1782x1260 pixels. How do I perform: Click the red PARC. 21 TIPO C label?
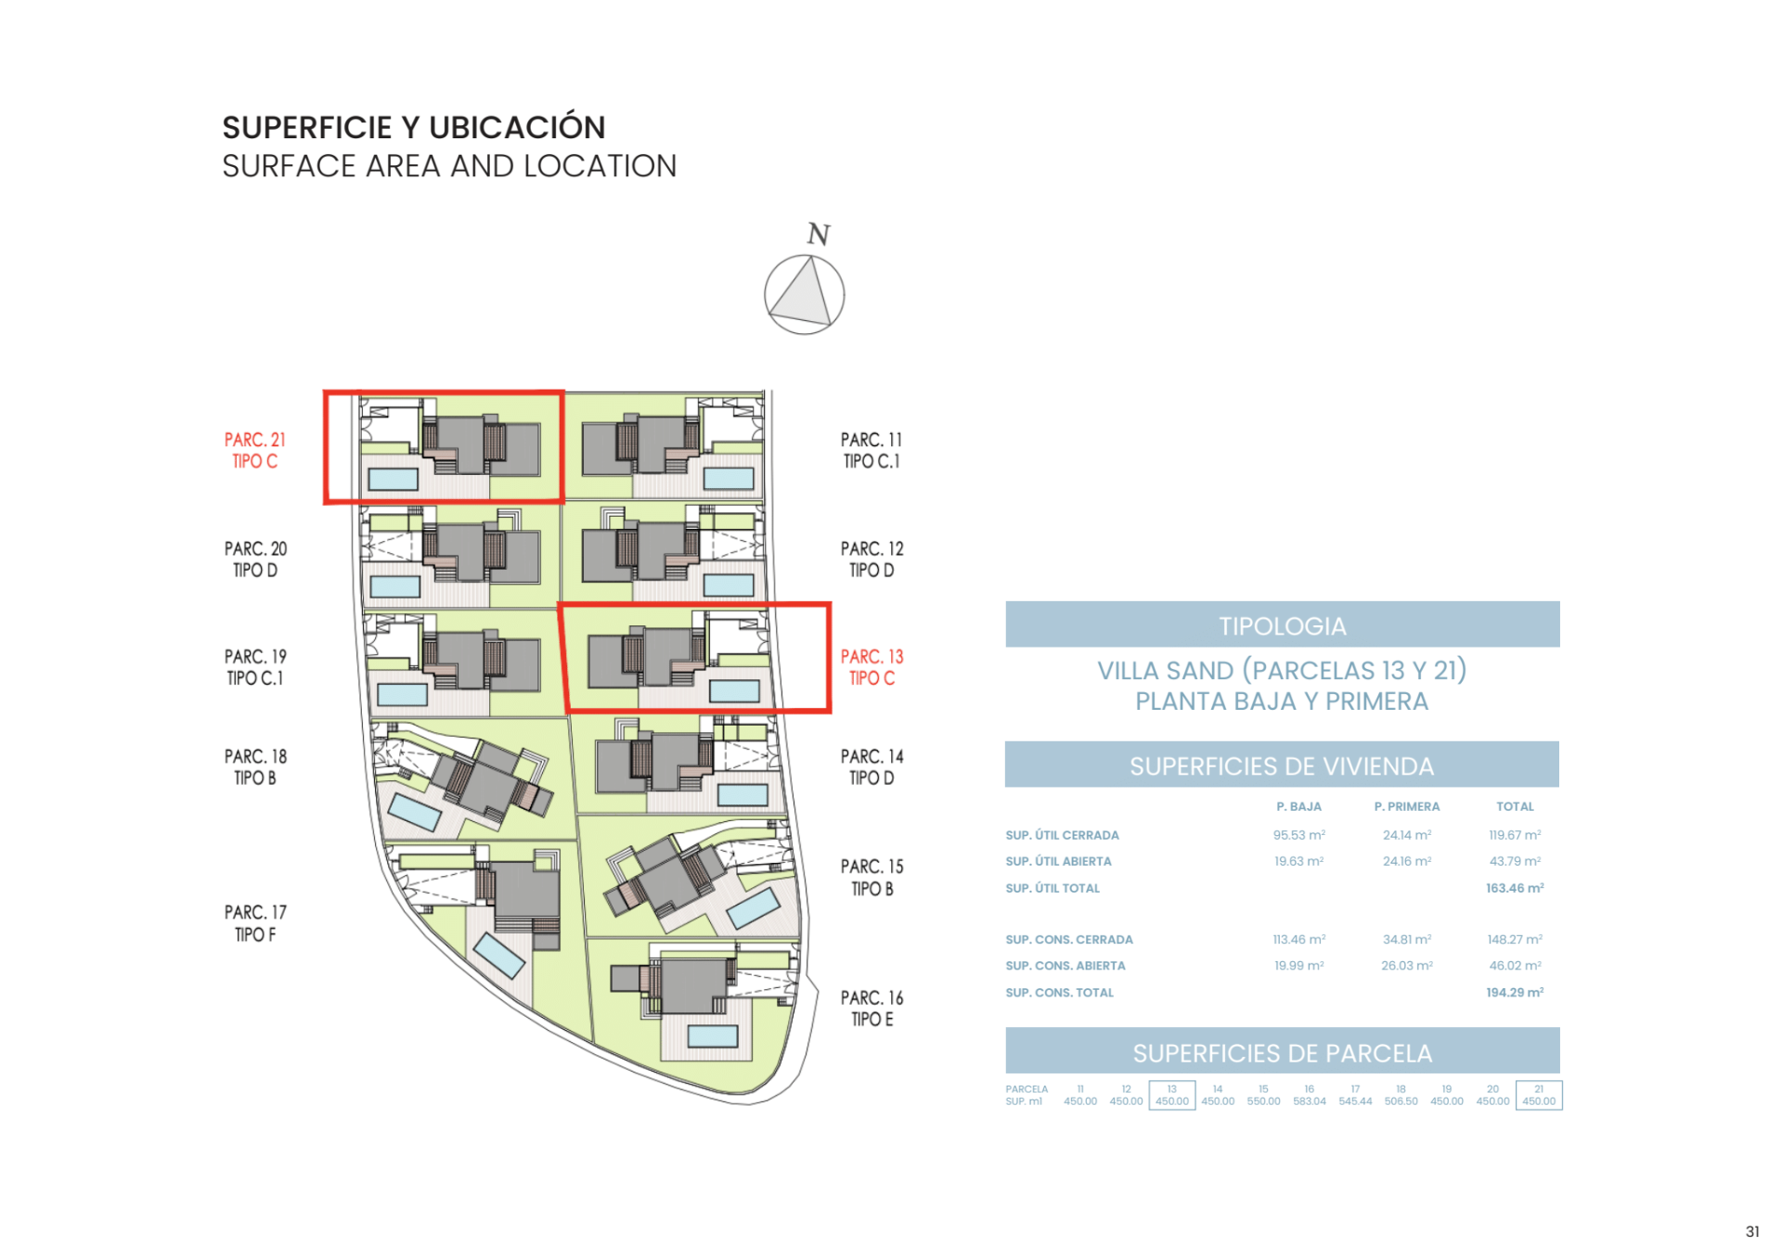point(254,450)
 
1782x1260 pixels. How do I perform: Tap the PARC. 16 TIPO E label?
point(872,1008)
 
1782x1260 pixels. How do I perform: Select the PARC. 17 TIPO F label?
point(255,923)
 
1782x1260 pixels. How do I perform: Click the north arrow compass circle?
point(804,295)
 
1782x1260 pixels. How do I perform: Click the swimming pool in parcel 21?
point(393,479)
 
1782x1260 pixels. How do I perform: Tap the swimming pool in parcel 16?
point(712,1035)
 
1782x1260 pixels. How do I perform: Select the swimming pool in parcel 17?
point(499,957)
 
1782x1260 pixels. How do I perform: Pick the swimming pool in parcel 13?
point(734,690)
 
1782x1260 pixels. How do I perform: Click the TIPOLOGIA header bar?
point(1282,625)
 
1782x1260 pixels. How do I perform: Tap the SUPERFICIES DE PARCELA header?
point(1282,1053)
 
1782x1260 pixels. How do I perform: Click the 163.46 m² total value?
point(1514,888)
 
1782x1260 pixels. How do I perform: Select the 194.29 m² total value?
point(1514,993)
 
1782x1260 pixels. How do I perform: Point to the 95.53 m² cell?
point(1298,835)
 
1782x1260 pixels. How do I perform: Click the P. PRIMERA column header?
point(1406,806)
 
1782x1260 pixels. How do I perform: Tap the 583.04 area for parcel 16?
point(1309,1101)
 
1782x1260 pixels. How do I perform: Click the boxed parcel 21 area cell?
point(1538,1096)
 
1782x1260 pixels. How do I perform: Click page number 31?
point(1751,1232)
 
